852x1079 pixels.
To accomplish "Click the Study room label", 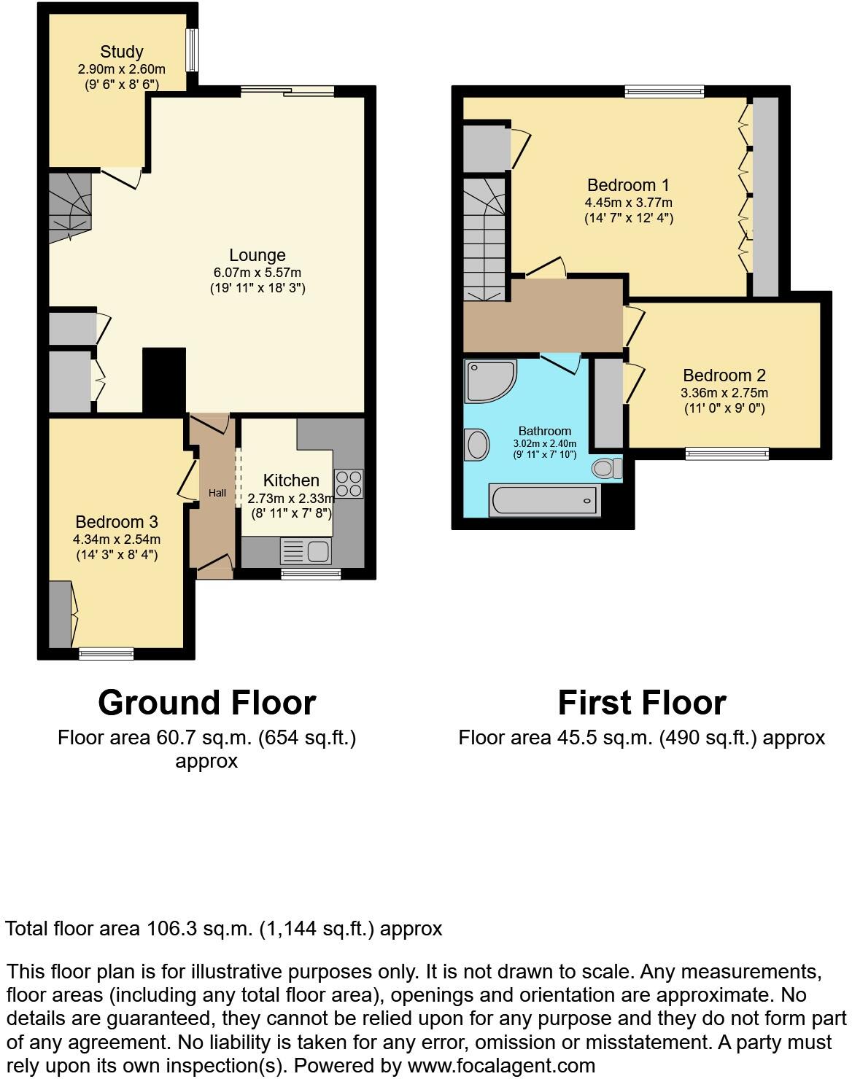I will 121,52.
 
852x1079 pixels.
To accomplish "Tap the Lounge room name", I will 257,255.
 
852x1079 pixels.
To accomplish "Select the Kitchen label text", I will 291,480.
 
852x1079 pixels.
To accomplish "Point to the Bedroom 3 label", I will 117,522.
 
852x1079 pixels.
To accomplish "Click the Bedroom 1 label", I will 628,185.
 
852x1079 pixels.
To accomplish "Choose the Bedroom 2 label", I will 724,375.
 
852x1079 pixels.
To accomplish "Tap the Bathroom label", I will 544,431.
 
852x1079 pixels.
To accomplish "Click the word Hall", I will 217,493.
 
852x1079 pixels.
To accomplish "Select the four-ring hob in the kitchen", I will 349,483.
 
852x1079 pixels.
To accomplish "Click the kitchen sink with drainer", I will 306,551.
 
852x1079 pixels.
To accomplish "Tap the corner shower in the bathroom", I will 489,380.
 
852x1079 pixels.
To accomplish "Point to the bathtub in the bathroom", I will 545,501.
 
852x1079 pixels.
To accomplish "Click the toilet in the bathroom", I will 606,467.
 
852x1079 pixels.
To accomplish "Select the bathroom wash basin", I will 477,444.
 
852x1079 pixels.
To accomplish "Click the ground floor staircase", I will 71,206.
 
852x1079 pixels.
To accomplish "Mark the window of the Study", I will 192,50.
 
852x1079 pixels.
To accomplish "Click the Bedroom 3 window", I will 106,653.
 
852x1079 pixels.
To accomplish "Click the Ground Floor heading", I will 206,703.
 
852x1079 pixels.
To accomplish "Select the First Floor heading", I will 641,703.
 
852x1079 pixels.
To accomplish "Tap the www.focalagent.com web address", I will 501,1065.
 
